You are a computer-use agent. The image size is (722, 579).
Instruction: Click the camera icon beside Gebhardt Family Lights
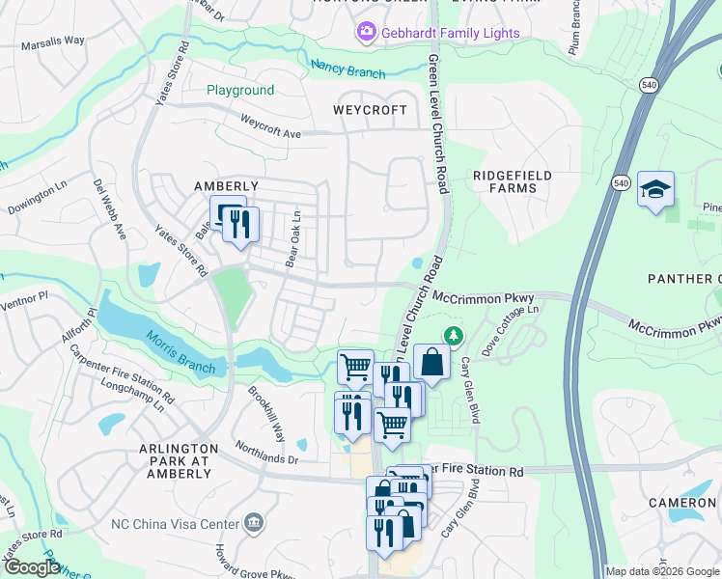(367, 34)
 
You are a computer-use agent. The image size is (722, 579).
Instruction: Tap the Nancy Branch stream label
(347, 69)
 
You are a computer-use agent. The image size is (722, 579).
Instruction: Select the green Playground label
(240, 91)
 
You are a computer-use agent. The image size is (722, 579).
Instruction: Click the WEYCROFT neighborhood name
(370, 110)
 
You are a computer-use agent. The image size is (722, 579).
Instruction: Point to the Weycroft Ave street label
(271, 125)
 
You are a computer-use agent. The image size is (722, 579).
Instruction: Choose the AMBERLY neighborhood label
(226, 186)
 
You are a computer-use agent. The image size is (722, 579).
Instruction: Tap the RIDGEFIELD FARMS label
(512, 181)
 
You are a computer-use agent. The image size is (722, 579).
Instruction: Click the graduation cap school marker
(655, 190)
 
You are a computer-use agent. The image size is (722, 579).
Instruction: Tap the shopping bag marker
(432, 364)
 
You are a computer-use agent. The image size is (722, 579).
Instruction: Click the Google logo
(32, 567)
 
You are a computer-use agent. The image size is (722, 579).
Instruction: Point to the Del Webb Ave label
(110, 208)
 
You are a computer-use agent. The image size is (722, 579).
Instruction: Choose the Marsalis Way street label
(53, 41)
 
